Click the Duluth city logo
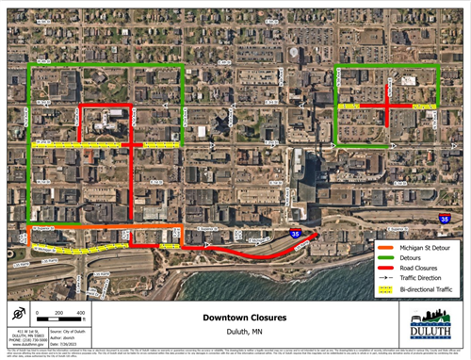click(430, 327)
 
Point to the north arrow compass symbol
click(17, 315)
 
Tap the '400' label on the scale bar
click(81, 312)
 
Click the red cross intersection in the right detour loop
click(387, 107)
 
